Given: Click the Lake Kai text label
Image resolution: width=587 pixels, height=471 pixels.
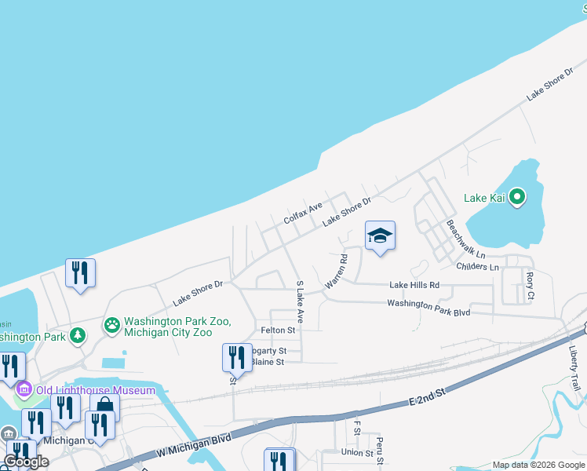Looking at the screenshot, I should (x=486, y=198).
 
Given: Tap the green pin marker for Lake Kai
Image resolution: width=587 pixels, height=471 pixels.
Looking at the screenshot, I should (x=517, y=197).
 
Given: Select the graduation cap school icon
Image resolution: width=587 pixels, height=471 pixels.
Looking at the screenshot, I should (x=380, y=235).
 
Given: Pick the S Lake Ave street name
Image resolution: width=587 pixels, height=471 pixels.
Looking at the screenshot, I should (x=300, y=299).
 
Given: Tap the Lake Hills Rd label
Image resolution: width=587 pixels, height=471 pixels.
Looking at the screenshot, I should (x=414, y=285).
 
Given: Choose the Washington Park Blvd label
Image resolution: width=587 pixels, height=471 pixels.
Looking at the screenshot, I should (x=428, y=307).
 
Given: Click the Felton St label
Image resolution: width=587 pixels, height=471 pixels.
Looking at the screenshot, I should (x=278, y=331).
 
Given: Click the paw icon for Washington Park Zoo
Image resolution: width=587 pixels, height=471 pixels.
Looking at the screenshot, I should (x=112, y=324).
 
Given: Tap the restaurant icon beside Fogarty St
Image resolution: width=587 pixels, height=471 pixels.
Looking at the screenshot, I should (x=236, y=358).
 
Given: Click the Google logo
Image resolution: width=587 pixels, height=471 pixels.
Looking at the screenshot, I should (x=27, y=462).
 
